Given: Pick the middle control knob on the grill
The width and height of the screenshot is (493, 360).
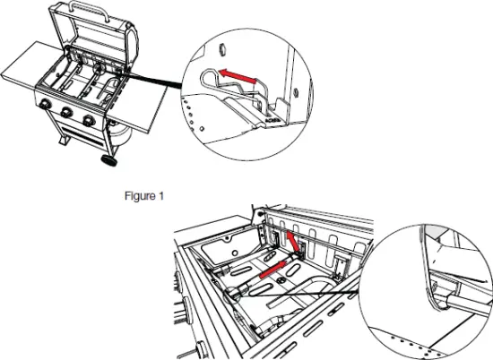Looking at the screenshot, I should tap(65, 114).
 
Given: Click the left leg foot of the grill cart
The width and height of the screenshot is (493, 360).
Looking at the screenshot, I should tap(56, 148).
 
